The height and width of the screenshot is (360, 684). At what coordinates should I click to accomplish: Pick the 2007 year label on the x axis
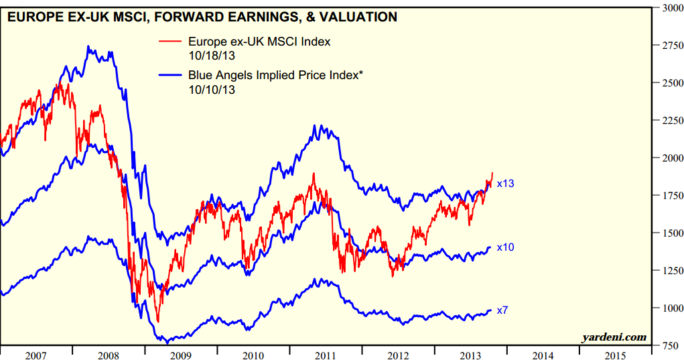[x=37, y=354]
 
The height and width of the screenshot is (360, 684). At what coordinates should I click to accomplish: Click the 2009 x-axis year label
[x=181, y=354]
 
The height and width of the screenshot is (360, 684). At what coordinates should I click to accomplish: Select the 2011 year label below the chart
[x=326, y=354]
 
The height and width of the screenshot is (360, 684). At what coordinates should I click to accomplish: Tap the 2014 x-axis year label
[x=543, y=354]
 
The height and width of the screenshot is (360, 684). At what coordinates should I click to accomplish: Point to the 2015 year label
[x=615, y=354]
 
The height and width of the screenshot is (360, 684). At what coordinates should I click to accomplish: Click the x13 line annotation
[x=505, y=184]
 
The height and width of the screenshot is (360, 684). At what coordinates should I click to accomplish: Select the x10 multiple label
[x=505, y=247]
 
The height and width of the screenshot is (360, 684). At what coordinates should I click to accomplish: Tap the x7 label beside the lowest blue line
[x=503, y=311]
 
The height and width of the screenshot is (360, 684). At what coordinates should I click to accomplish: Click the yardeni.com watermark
[x=614, y=337]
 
